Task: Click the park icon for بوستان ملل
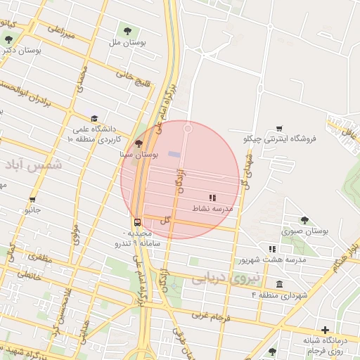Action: tap(128, 30)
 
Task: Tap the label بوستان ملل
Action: tap(127, 43)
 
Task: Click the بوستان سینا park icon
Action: tap(138, 143)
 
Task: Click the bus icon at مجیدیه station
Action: tap(137, 220)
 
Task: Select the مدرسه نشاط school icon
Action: tap(212, 198)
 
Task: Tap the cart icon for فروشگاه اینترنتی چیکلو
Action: tap(279, 128)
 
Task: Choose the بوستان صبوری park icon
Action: tap(304, 220)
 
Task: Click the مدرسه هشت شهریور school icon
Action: tap(272, 249)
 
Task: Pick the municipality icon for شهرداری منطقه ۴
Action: tap(280, 284)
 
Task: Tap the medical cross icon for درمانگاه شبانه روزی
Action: tap(325, 330)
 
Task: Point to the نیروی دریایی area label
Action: tap(226, 279)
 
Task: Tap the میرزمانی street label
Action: tap(60, 32)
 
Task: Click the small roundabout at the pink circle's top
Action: tap(188, 128)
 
